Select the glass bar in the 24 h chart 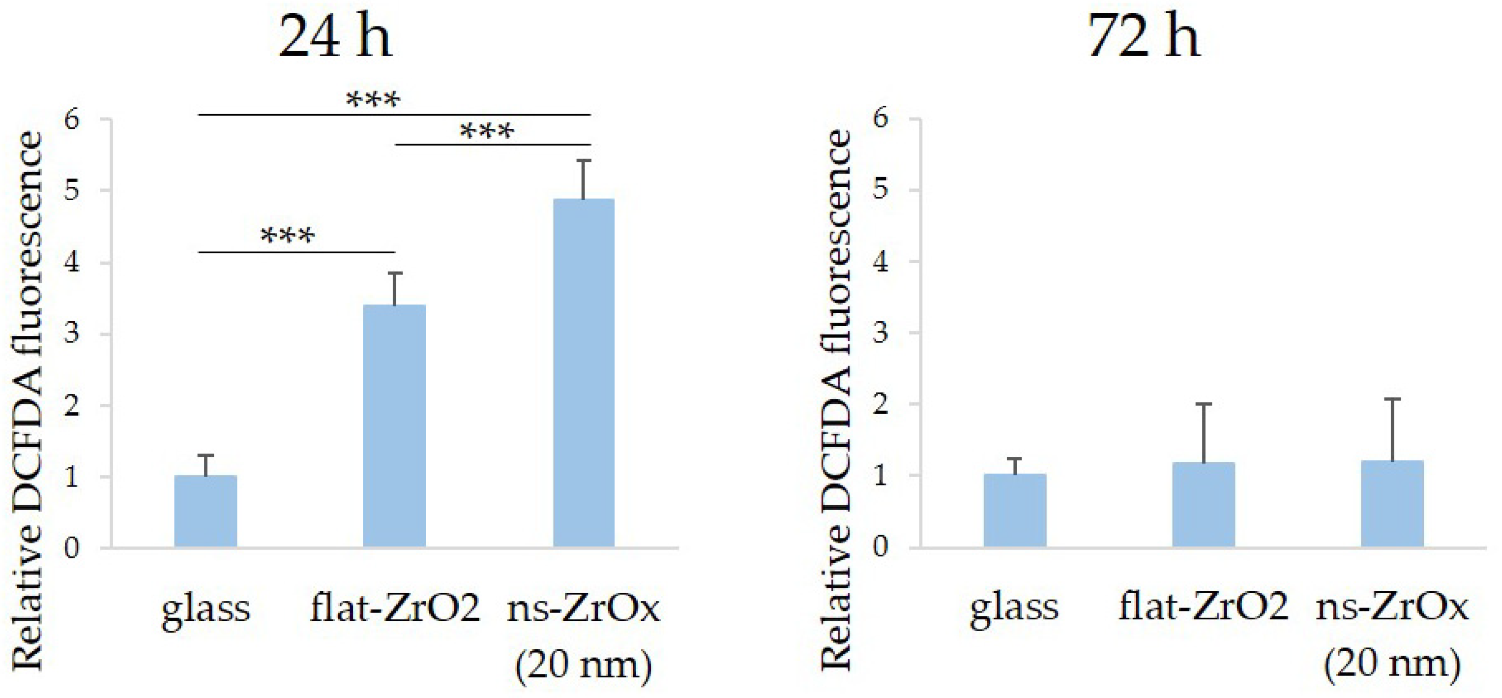tap(206, 512)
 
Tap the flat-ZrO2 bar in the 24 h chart tap(394, 425)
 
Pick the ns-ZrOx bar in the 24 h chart tap(584, 373)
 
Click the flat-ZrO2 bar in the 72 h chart tap(1204, 505)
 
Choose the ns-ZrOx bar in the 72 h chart tap(1392, 504)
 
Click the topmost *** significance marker tap(373, 100)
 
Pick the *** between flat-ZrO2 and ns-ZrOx tap(487, 131)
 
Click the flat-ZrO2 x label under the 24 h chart tap(395, 607)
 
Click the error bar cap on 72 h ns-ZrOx tap(1392, 399)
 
